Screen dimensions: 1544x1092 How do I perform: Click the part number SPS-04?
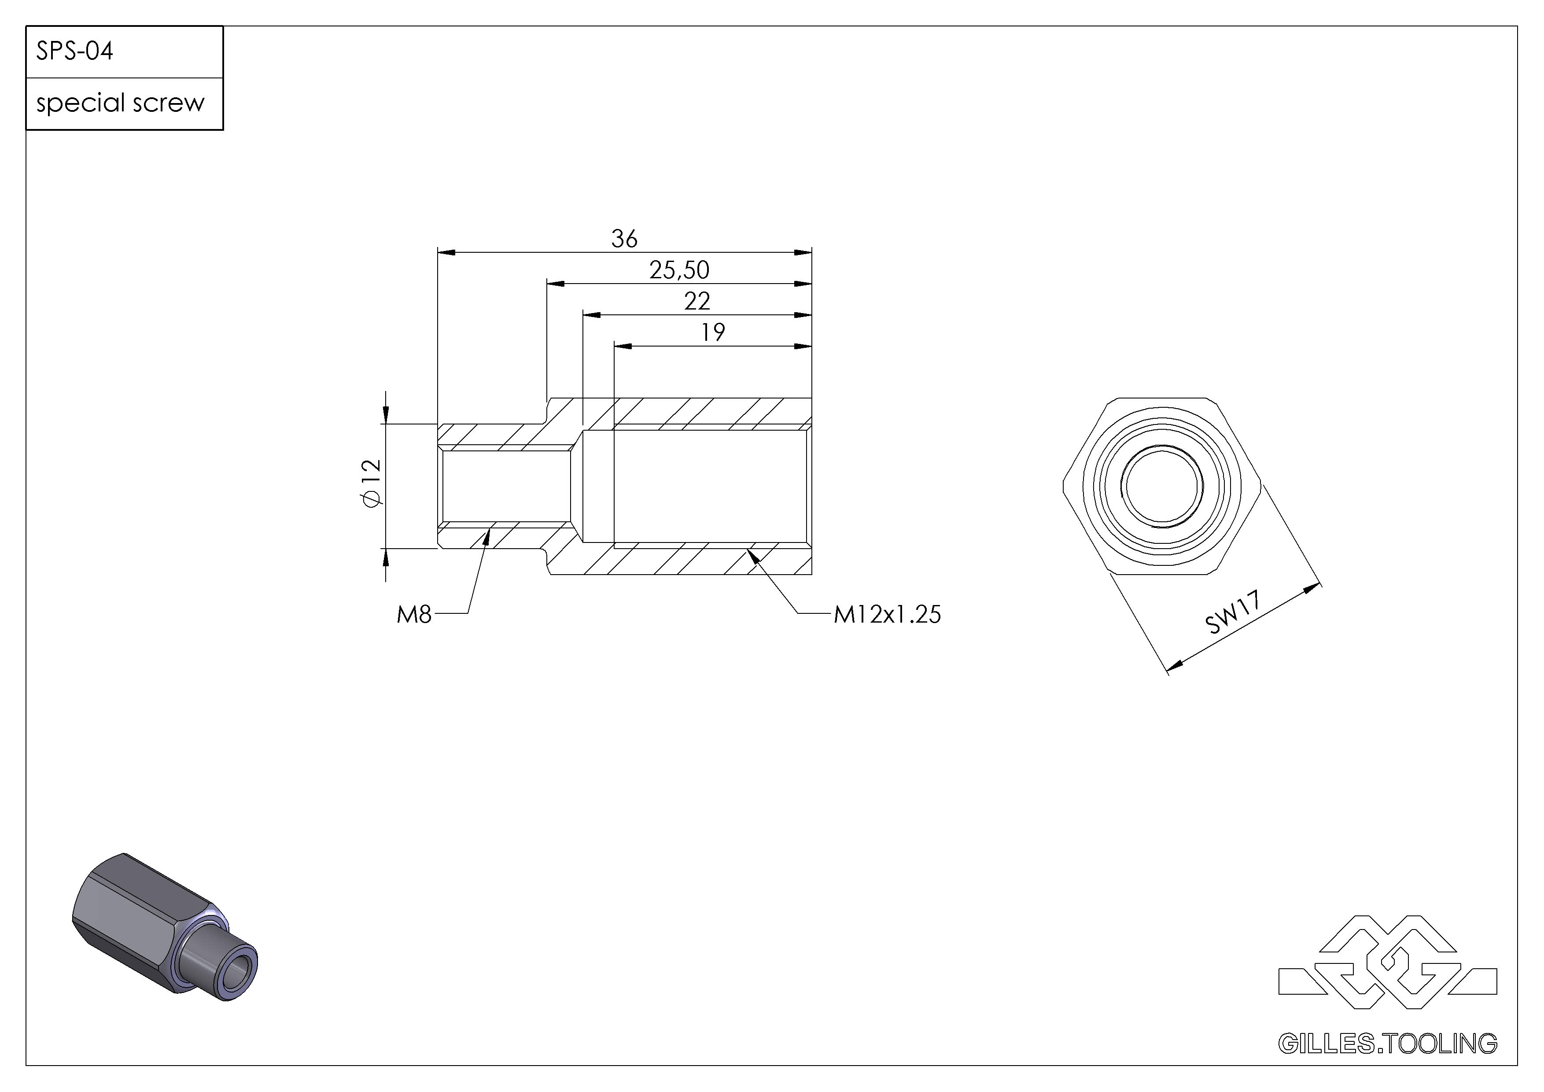pos(75,51)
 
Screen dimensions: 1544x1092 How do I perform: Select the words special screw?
pos(120,103)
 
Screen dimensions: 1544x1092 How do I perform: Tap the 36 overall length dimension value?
pos(624,239)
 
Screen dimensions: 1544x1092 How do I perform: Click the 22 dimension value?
pos(697,301)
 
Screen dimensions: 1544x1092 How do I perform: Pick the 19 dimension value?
pos(713,332)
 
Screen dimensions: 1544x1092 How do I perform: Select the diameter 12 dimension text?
pos(371,483)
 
